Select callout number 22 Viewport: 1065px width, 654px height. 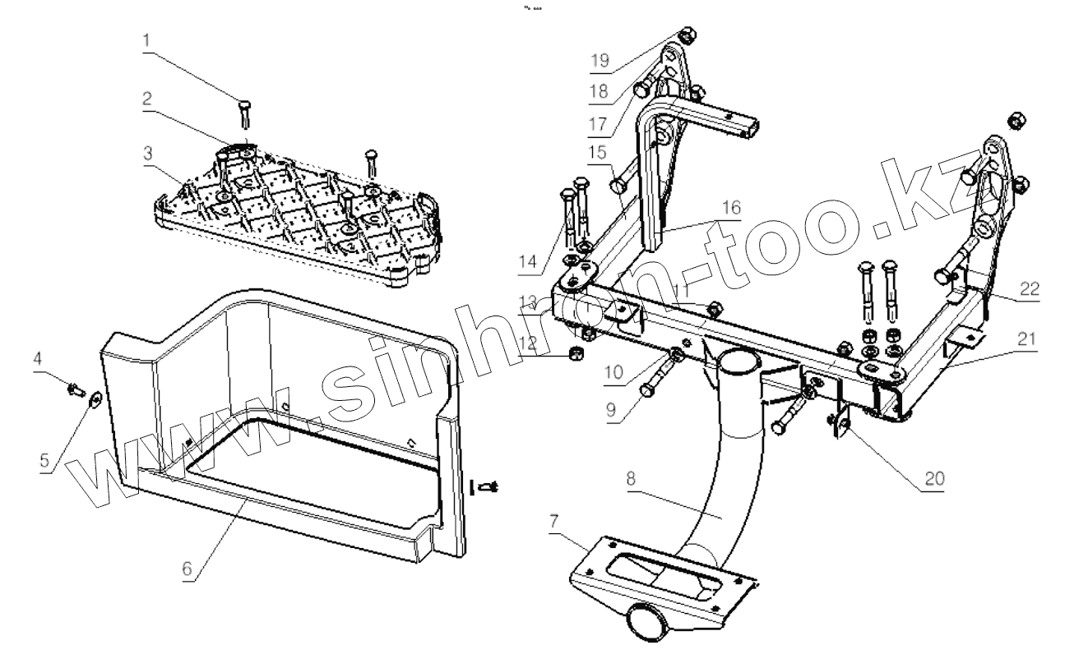[x=1028, y=290]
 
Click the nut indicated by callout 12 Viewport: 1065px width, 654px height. [x=576, y=354]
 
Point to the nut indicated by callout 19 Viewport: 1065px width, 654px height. [x=688, y=35]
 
